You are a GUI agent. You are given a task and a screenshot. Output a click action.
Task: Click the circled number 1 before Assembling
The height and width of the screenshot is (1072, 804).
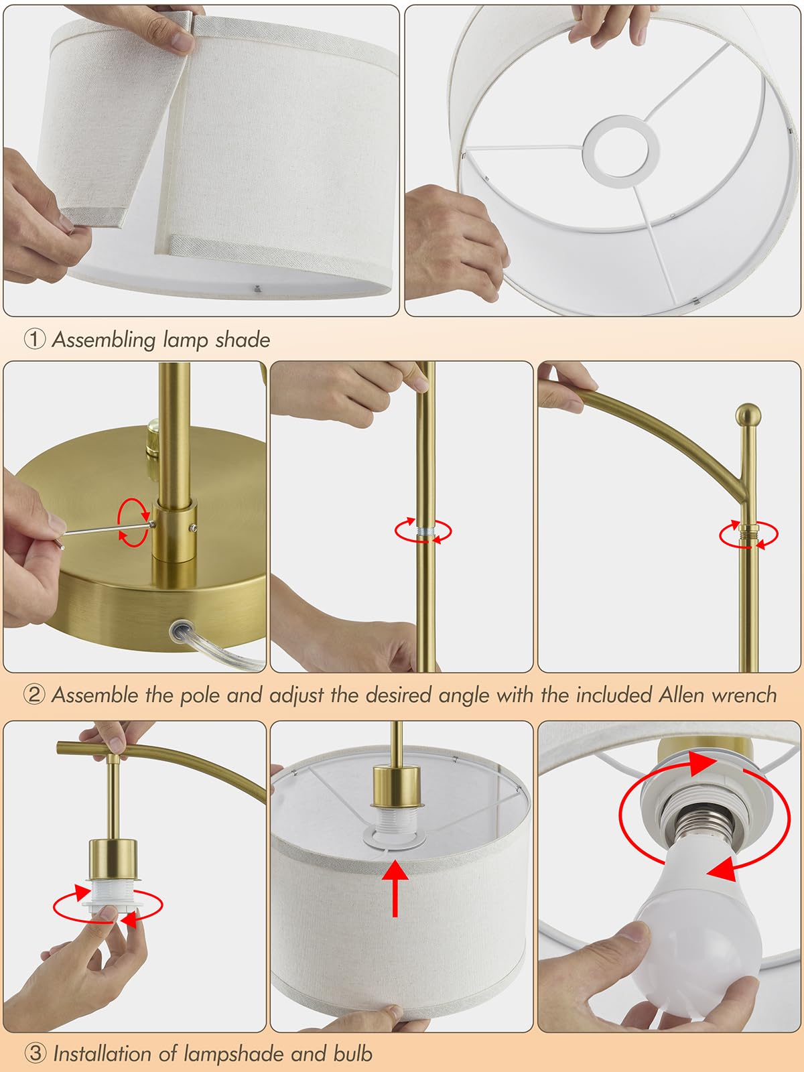coord(35,339)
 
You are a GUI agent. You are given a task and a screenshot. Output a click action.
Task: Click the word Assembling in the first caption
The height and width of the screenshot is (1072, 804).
coord(104,340)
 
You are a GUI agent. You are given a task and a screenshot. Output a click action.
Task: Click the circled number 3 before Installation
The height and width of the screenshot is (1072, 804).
coord(35,1053)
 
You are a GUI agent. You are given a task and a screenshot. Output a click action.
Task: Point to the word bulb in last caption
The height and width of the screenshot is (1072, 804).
coord(352,1053)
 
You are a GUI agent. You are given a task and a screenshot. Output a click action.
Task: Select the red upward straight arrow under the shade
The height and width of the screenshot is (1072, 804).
coord(396,888)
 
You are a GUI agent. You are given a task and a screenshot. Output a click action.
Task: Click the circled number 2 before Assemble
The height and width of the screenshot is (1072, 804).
coord(35,695)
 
